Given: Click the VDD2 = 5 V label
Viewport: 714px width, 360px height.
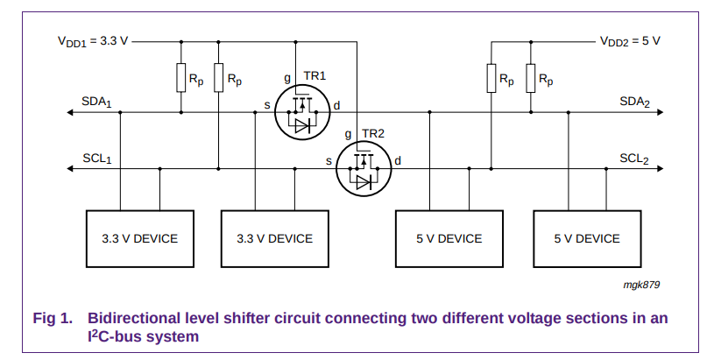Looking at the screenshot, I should tap(629, 41).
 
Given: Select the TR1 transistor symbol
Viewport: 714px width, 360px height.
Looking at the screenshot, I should tap(302, 112).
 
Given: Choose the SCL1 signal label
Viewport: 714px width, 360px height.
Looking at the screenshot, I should tap(97, 159).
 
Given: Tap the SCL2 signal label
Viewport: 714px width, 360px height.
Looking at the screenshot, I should tap(634, 159).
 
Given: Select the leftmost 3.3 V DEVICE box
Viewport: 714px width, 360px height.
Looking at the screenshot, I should tap(139, 238).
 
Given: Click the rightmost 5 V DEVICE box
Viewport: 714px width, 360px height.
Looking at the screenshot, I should tap(587, 238).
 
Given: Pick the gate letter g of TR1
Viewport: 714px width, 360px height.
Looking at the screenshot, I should tap(286, 78).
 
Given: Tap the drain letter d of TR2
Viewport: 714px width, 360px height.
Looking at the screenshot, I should tap(398, 160).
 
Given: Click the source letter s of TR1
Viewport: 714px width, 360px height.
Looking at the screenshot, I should tap(266, 105).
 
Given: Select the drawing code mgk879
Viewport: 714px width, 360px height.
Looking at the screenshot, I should tap(642, 284).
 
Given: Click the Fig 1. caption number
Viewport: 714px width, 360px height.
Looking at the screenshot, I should tap(52, 317).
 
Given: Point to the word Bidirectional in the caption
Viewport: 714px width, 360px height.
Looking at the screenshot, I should tap(131, 317).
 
